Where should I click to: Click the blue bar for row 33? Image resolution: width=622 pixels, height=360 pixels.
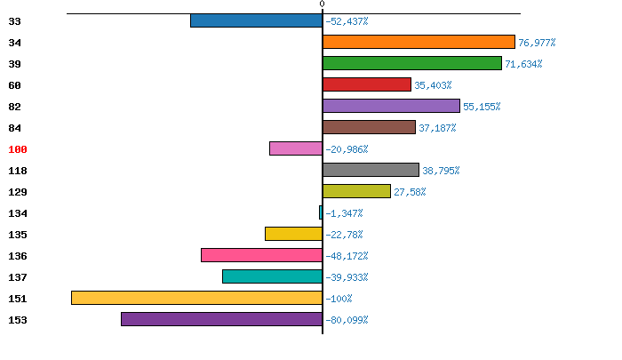pyautogui.click(x=256, y=20)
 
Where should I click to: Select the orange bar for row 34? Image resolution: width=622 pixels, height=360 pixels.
pyautogui.click(x=419, y=42)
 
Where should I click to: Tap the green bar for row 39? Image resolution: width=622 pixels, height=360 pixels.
pyautogui.click(x=412, y=63)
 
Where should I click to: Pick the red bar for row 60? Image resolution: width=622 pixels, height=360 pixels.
pyautogui.click(x=367, y=84)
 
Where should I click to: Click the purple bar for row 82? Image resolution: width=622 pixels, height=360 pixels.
pyautogui.click(x=391, y=106)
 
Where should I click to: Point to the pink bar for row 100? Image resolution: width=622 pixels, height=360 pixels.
pyautogui.click(x=296, y=148)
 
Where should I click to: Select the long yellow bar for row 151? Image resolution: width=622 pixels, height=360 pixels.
pyautogui.click(x=196, y=298)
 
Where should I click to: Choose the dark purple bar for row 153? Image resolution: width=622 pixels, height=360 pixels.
pyautogui.click(x=221, y=319)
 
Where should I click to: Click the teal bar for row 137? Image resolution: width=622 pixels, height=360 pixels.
pyautogui.click(x=272, y=276)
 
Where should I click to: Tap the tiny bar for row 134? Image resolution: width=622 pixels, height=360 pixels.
pyautogui.click(x=321, y=212)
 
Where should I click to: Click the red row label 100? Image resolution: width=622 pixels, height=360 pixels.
pyautogui.click(x=18, y=149)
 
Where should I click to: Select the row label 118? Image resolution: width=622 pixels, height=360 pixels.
pyautogui.click(x=18, y=171)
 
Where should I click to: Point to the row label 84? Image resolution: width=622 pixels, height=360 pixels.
pyautogui.click(x=14, y=128)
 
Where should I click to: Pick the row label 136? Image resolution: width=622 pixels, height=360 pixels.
pyautogui.click(x=18, y=256)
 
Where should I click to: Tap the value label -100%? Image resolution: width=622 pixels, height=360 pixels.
pyautogui.click(x=339, y=299)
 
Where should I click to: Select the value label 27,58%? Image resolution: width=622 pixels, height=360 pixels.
pyautogui.click(x=410, y=192)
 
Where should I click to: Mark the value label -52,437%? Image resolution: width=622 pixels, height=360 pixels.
pyautogui.click(x=347, y=21)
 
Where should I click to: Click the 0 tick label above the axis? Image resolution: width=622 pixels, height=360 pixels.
pyautogui.click(x=323, y=4)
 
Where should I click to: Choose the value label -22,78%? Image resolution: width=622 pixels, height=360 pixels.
pyautogui.click(x=344, y=235)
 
